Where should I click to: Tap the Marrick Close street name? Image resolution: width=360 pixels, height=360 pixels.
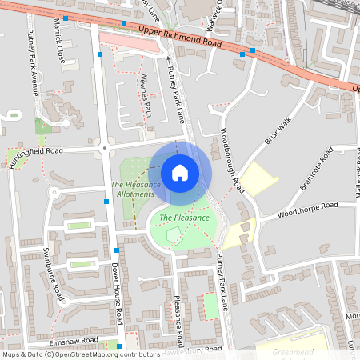tap(59, 41)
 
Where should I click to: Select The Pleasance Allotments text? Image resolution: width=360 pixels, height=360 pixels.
tap(135, 190)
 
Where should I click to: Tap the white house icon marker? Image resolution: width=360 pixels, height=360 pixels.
tap(180, 173)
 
